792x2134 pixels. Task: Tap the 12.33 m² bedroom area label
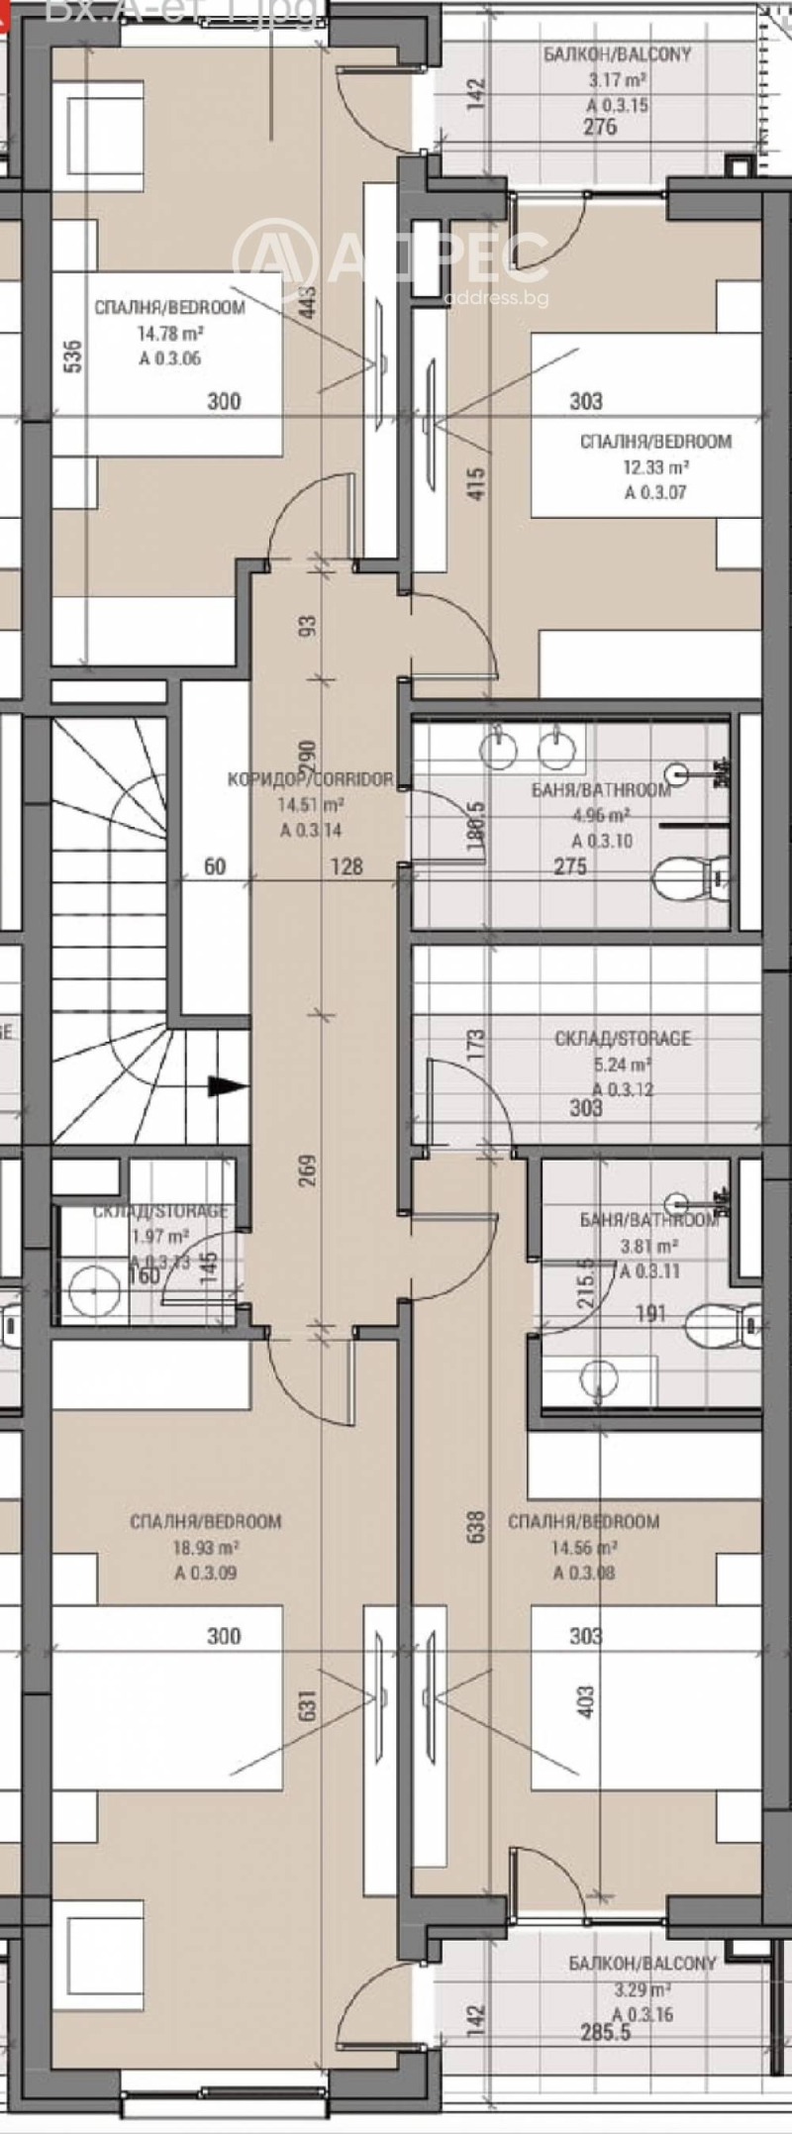click(654, 466)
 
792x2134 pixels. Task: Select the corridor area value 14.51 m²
click(311, 805)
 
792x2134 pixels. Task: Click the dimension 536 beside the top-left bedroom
click(72, 356)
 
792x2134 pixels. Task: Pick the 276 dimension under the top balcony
click(600, 127)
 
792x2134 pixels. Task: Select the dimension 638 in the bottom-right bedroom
click(476, 1527)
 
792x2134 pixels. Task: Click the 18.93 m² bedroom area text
click(205, 1547)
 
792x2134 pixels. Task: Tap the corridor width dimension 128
click(346, 866)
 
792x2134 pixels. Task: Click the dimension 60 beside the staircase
click(215, 866)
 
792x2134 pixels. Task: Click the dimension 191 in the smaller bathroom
click(650, 1314)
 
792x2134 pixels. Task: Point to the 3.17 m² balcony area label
click(617, 81)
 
